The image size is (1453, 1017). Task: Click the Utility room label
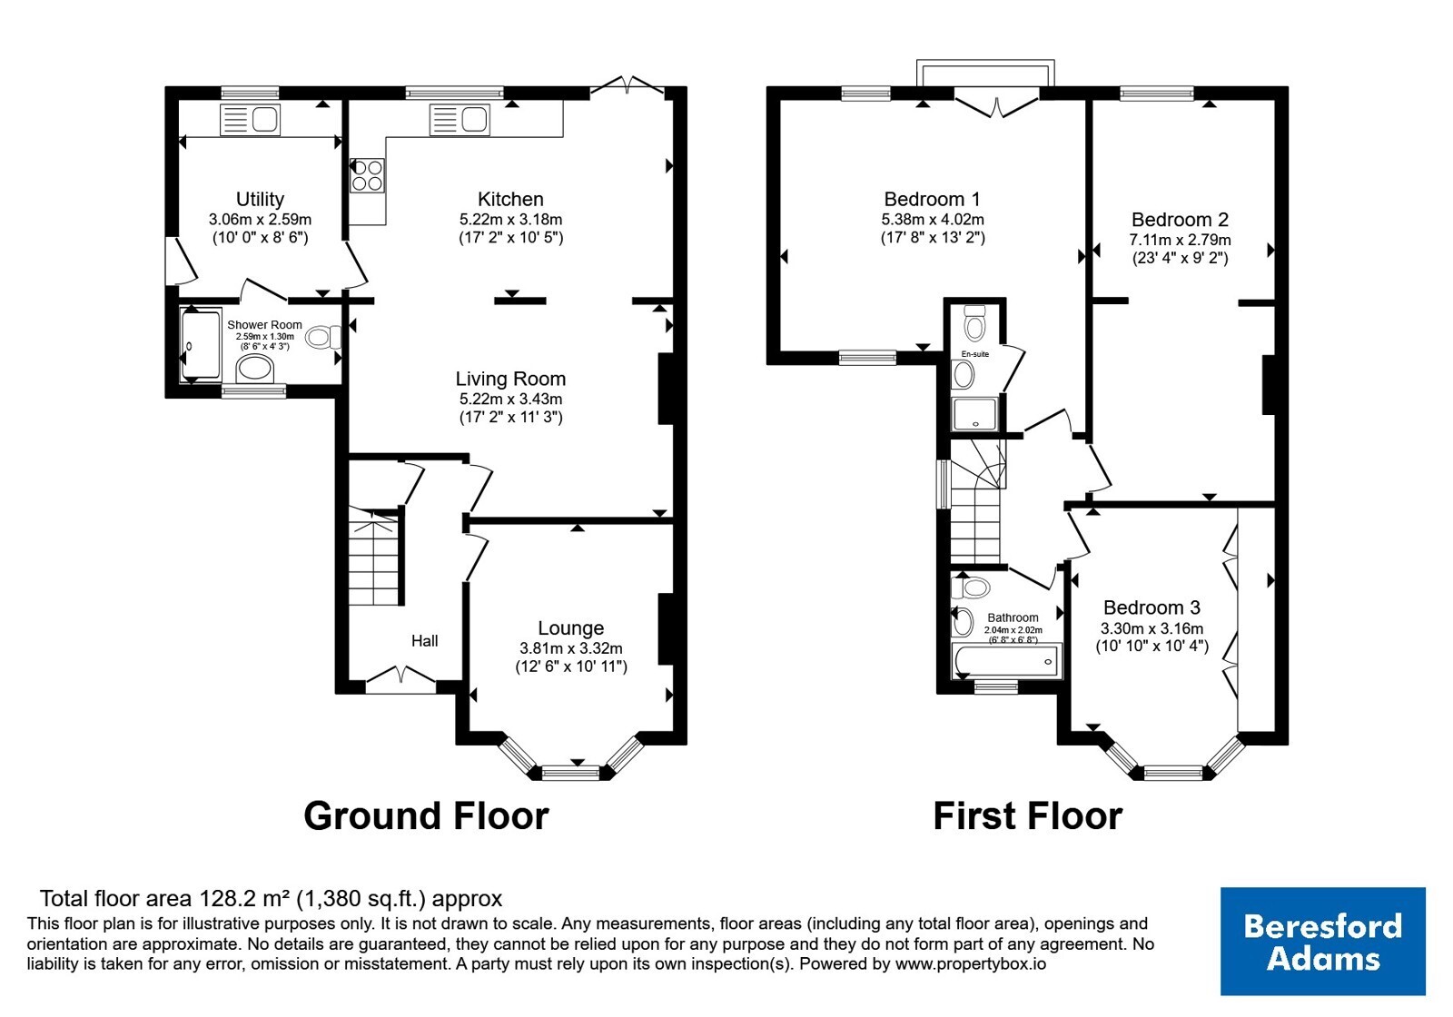point(260,199)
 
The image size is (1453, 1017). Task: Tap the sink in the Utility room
point(250,119)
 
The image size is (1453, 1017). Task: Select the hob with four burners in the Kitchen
point(367,175)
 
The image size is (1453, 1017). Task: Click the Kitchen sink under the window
point(460,120)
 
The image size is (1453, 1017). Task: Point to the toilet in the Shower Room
point(323,337)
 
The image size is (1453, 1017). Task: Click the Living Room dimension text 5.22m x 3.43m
point(510,399)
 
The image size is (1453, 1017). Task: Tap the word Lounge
point(571,627)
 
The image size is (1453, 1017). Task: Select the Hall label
point(424,641)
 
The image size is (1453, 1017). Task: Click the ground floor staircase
point(373,557)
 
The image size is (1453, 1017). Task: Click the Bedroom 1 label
point(932,199)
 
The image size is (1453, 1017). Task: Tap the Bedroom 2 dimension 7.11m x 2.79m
point(1180,240)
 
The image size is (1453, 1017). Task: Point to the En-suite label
point(975,354)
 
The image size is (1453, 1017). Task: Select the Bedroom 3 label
point(1152,607)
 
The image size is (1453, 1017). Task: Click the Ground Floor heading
point(426,816)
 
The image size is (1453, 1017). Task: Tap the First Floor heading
point(1027,816)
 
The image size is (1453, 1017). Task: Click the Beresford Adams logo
point(1322,941)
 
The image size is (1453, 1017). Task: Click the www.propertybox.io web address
point(971,963)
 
